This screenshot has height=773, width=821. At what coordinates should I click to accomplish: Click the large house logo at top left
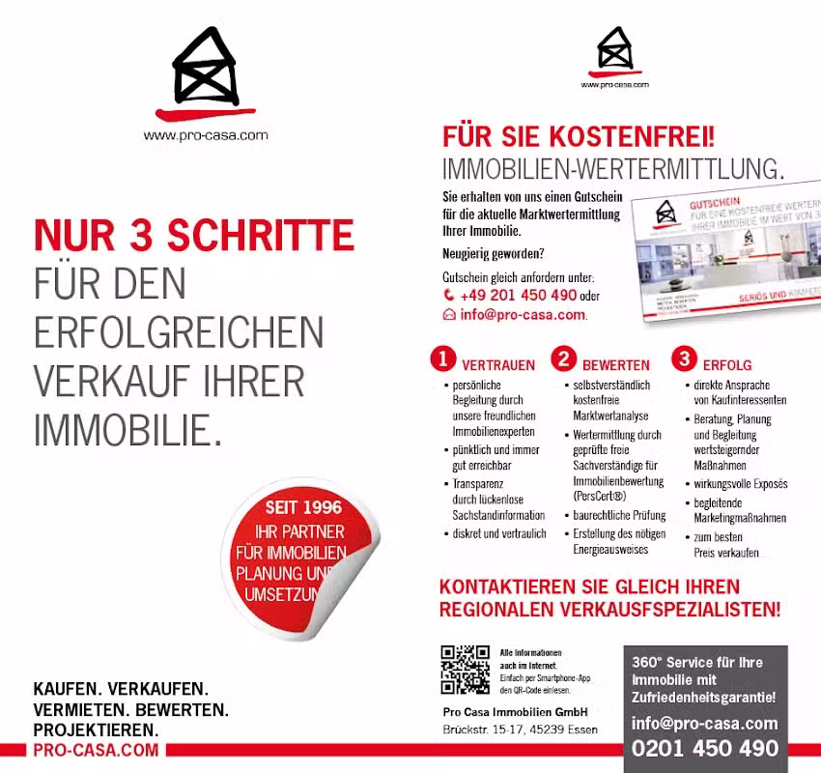click(x=205, y=70)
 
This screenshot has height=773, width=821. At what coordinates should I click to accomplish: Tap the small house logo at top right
click(x=615, y=51)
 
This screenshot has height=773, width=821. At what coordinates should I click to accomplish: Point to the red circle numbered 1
click(x=442, y=359)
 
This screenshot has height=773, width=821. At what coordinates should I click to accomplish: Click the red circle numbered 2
click(x=563, y=359)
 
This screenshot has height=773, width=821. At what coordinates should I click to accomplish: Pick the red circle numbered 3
click(x=684, y=359)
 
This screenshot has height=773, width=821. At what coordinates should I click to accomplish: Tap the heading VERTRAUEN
click(x=497, y=366)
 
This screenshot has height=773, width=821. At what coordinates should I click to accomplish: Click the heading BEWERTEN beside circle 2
click(x=616, y=366)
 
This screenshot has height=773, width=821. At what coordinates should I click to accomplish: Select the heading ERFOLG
click(x=727, y=366)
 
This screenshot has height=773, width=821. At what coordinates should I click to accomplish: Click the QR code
click(x=465, y=670)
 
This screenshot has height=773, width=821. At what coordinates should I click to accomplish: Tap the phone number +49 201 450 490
click(x=518, y=296)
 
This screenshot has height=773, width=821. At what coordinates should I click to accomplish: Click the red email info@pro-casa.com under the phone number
click(x=523, y=315)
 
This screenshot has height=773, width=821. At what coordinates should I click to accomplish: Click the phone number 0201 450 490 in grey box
click(x=705, y=749)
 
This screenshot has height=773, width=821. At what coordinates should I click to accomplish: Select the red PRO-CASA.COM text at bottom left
click(x=96, y=750)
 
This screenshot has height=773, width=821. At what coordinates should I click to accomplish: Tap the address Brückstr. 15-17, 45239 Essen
click(x=520, y=730)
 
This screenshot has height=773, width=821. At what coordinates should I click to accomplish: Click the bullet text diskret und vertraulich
click(x=498, y=533)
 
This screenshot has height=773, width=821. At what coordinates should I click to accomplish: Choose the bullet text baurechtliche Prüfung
click(x=618, y=516)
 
